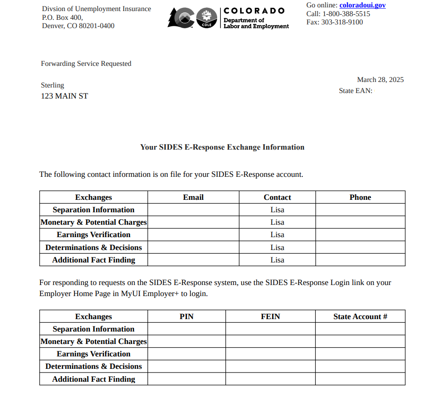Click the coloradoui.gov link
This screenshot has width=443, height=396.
[362, 6]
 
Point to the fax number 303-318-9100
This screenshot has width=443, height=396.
[342, 22]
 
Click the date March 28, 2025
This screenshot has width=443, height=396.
[380, 80]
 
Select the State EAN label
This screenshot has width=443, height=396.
[355, 91]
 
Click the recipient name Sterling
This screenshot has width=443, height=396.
[53, 85]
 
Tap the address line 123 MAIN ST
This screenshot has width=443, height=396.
[65, 96]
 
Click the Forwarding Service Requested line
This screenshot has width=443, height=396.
[86, 64]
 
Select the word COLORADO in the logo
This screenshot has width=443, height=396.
[254, 11]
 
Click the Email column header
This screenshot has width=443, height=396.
[193, 197]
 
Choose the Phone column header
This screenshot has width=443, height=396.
[360, 197]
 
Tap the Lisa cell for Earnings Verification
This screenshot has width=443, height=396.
[277, 235]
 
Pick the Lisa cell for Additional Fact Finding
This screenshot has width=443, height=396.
[277, 260]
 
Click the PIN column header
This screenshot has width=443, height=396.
[186, 316]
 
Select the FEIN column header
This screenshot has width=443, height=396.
[270, 316]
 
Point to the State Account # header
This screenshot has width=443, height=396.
[360, 316]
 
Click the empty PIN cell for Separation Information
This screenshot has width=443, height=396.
[186, 329]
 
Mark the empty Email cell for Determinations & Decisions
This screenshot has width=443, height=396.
[193, 247]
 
